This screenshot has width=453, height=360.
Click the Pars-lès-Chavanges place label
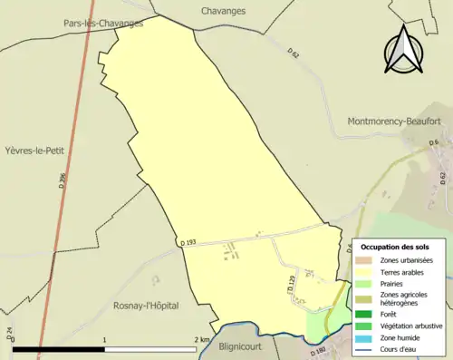[x=103, y=24]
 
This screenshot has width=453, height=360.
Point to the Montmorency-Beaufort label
[x=393, y=121]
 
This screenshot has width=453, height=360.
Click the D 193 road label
[x=188, y=243]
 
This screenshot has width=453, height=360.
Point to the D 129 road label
[x=291, y=286]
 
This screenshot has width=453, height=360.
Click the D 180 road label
[x=317, y=351]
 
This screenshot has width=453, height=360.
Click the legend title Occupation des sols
[x=395, y=247]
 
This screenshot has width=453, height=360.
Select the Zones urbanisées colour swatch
[x=366, y=261]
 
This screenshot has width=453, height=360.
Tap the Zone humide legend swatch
[x=366, y=337]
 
